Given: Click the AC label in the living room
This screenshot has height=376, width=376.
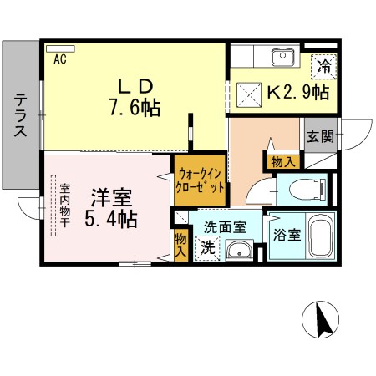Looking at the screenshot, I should point(60,59).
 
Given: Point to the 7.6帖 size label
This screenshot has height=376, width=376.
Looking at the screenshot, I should point(133,108).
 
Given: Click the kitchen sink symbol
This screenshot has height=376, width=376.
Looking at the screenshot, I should point(282,56).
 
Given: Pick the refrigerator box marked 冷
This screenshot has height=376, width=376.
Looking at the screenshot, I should point(323,66).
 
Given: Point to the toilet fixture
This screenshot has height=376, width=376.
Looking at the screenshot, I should point(306,190).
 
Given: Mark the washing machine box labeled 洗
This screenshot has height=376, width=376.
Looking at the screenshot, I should point(206,249).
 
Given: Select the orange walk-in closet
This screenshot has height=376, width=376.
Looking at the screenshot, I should point(199,180).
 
